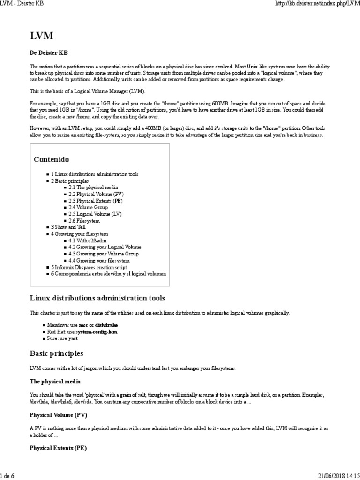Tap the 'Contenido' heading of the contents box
click(51, 159)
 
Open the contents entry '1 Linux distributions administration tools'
click(95, 174)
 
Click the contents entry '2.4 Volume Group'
click(88, 207)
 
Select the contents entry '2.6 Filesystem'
click(84, 220)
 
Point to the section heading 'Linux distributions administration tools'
click(97, 298)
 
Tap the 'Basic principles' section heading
click(57, 353)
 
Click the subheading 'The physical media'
click(55, 382)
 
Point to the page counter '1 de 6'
click(8, 475)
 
